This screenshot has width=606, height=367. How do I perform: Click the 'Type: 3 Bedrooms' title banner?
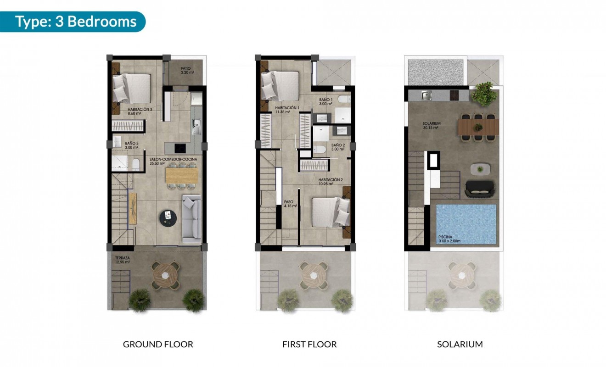tap(76, 22)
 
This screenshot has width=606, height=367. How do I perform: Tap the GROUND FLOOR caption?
tap(158, 344)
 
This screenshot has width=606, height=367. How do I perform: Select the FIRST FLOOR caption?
tap(309, 344)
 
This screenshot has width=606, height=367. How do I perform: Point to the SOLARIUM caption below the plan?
tap(460, 344)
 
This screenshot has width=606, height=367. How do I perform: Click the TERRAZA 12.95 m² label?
tap(123, 261)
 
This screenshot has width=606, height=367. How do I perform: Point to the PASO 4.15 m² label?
tap(290, 204)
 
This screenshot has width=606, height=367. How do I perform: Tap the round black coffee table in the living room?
tap(168, 218)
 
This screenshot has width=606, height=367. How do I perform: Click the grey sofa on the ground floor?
tap(192, 219)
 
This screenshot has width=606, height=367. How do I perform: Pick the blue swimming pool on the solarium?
tap(466, 224)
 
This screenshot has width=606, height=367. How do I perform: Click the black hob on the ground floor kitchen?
tap(180, 148)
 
